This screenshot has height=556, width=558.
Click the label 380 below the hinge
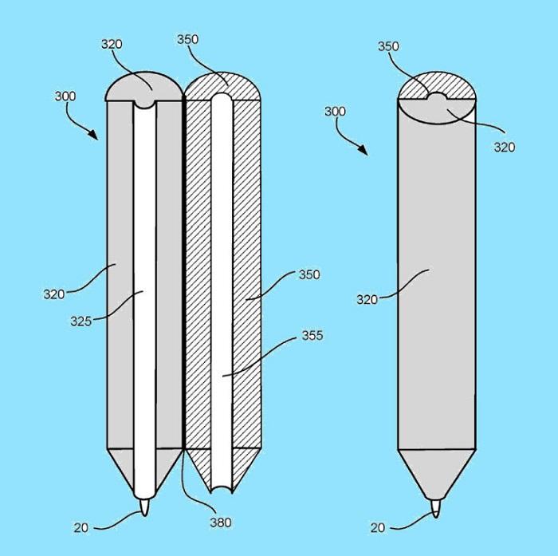point(221,522)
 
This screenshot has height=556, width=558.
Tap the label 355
point(312,335)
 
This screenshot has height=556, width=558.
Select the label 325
point(81,321)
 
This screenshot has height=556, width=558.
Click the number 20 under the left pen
point(81,527)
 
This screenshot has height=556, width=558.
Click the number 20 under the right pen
point(378,527)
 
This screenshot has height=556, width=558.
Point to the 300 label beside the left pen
point(65,97)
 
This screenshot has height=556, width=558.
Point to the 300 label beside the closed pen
point(335,112)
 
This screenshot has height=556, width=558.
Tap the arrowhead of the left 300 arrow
point(93,135)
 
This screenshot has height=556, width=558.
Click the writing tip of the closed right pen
point(435,509)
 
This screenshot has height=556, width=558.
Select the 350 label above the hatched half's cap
point(187,39)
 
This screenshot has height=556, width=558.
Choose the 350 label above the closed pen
point(388,46)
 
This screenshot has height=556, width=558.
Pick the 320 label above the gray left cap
point(112,44)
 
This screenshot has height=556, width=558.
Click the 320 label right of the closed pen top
point(505,147)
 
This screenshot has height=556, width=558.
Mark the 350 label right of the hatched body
point(309,274)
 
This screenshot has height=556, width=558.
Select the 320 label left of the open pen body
point(54,294)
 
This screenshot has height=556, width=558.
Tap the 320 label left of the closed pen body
point(367,300)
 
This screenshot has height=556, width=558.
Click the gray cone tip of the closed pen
point(436,475)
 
